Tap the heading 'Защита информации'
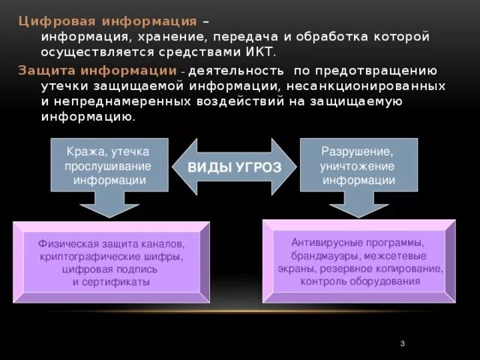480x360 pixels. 97,70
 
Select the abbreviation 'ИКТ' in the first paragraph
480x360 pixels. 259,52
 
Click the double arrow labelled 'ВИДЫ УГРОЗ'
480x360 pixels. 233,166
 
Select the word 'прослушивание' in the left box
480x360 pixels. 107,166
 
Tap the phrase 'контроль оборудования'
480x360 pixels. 360,281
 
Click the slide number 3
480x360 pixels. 403,343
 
